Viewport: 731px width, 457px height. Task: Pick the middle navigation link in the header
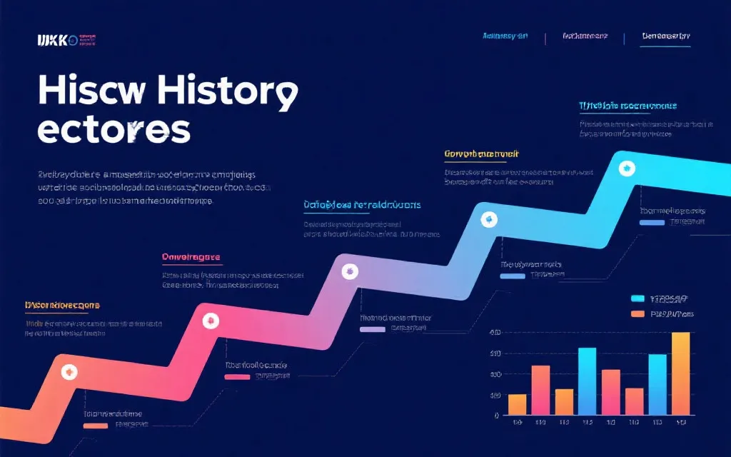pyautogui.click(x=585, y=35)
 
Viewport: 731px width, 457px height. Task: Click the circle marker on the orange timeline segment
pyautogui.click(x=69, y=371)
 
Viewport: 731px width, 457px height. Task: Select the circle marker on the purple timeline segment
pyautogui.click(x=350, y=270)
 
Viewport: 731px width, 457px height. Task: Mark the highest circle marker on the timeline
pyautogui.click(x=627, y=168)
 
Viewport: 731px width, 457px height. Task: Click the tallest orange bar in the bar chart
pyautogui.click(x=680, y=373)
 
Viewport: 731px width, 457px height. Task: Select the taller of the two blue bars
pyautogui.click(x=587, y=381)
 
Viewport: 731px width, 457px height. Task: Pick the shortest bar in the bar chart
pyautogui.click(x=517, y=404)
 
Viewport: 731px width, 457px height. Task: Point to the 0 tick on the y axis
pyautogui.click(x=496, y=416)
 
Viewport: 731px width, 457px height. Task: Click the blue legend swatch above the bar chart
pyautogui.click(x=637, y=298)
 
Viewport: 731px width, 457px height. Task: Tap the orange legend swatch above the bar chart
pyautogui.click(x=637, y=314)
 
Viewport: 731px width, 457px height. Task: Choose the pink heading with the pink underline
pyautogui.click(x=191, y=257)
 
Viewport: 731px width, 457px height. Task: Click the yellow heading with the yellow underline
pyautogui.click(x=481, y=154)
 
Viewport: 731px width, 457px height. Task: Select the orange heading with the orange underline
pyautogui.click(x=62, y=305)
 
